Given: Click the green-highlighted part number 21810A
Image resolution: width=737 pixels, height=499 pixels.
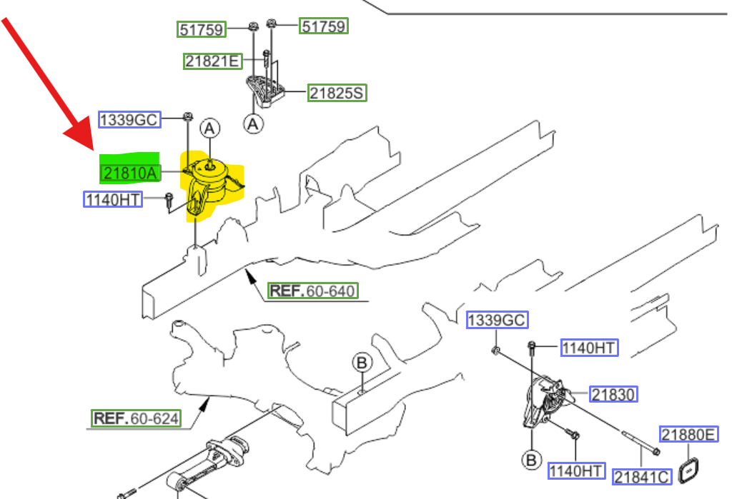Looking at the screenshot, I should [130, 172].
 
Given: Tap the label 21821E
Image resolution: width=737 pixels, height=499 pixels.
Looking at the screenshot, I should [212, 61].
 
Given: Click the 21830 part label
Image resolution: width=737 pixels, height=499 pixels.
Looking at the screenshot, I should [613, 394].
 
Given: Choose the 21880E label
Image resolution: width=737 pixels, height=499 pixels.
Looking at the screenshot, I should [688, 434].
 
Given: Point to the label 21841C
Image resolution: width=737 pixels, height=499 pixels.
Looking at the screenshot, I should [642, 476].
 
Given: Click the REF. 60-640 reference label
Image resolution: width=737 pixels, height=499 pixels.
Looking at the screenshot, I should [312, 291].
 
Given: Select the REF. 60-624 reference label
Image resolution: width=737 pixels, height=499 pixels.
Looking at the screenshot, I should [136, 418].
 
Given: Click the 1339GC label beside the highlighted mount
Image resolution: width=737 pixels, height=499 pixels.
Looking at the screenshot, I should [129, 119].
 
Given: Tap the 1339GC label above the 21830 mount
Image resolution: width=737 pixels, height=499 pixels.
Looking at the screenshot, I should [497, 321].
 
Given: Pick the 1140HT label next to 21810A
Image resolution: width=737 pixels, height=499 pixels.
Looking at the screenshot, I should [113, 199].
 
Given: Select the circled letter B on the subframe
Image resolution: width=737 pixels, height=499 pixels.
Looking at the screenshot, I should [362, 363].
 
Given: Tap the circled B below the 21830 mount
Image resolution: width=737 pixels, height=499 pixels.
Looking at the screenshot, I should [531, 460].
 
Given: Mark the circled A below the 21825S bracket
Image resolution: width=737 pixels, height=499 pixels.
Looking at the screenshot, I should [252, 124].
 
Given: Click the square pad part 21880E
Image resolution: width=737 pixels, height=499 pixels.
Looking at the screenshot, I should [689, 469].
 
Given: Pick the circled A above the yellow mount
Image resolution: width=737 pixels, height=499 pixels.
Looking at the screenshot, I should [209, 128].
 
